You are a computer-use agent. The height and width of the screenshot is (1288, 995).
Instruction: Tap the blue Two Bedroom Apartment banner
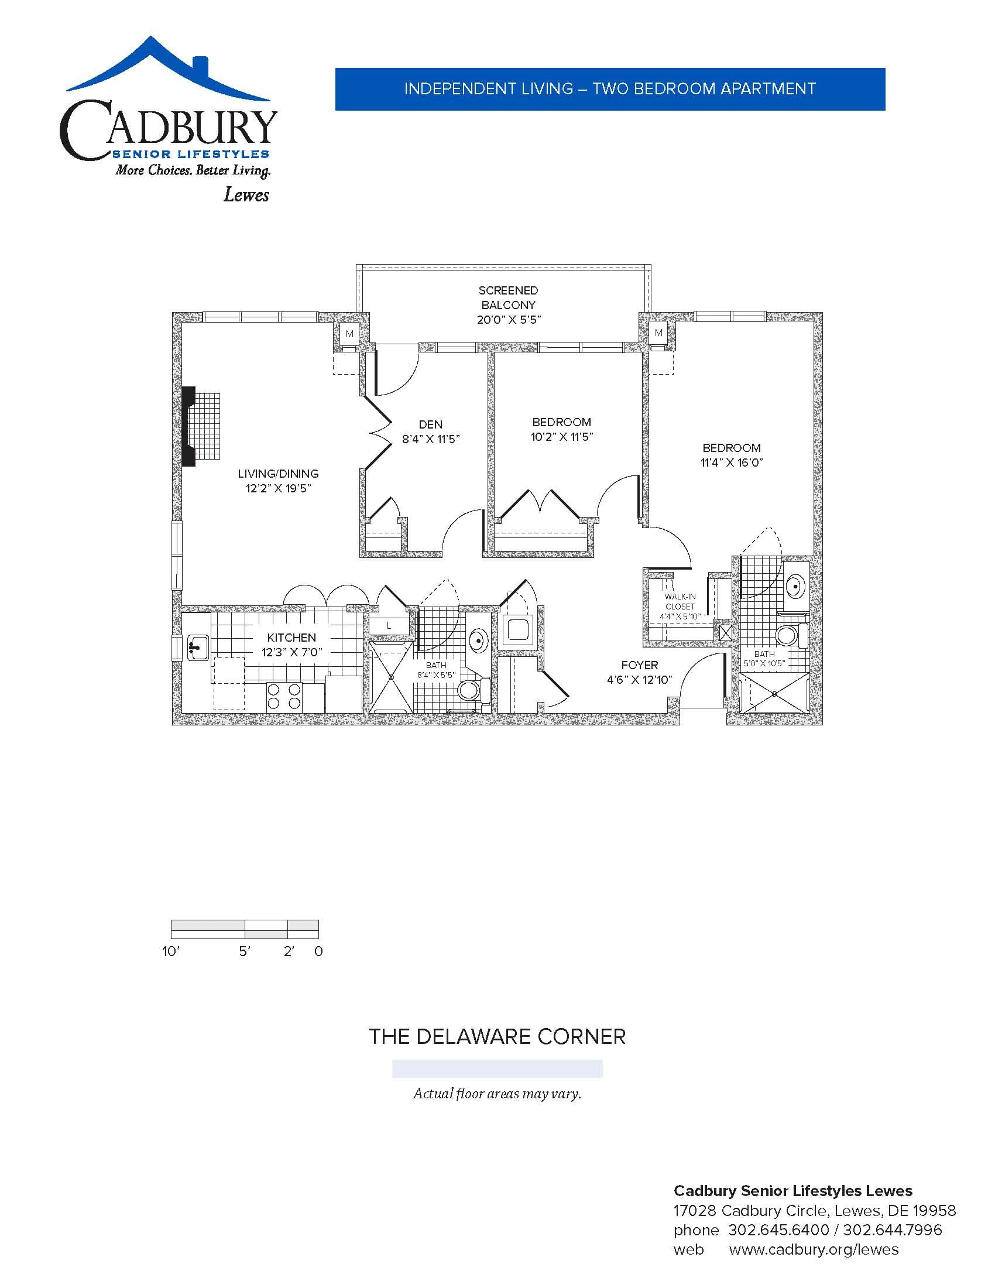610,89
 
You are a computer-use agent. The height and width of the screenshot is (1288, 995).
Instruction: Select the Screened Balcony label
508,305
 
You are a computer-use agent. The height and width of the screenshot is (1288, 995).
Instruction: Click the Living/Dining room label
278,481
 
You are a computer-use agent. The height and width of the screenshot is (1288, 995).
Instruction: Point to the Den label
431,431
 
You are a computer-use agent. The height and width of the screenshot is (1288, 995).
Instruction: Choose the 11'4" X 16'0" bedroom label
732,455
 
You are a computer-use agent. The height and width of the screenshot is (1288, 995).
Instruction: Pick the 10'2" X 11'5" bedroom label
561,429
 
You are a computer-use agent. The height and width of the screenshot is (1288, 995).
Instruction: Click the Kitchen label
292,645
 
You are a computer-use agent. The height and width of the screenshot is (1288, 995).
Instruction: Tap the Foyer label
640,672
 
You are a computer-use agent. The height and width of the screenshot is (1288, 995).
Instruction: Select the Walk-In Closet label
680,607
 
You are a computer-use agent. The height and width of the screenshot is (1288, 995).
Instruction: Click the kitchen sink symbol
197,648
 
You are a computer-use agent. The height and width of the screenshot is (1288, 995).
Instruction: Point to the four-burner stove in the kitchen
284,697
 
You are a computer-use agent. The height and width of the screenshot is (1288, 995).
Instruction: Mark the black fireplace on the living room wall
188,426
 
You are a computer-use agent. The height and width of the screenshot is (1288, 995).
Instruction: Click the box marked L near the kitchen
389,626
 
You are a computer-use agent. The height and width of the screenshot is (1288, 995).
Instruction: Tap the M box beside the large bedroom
658,333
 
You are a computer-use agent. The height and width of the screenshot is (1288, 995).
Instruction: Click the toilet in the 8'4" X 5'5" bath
474,690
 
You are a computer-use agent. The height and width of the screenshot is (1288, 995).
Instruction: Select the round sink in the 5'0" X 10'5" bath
797,587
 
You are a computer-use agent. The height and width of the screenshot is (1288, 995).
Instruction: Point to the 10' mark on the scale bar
170,951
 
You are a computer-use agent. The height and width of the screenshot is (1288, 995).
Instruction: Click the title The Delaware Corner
497,1036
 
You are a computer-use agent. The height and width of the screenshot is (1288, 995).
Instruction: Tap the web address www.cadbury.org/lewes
814,1249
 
